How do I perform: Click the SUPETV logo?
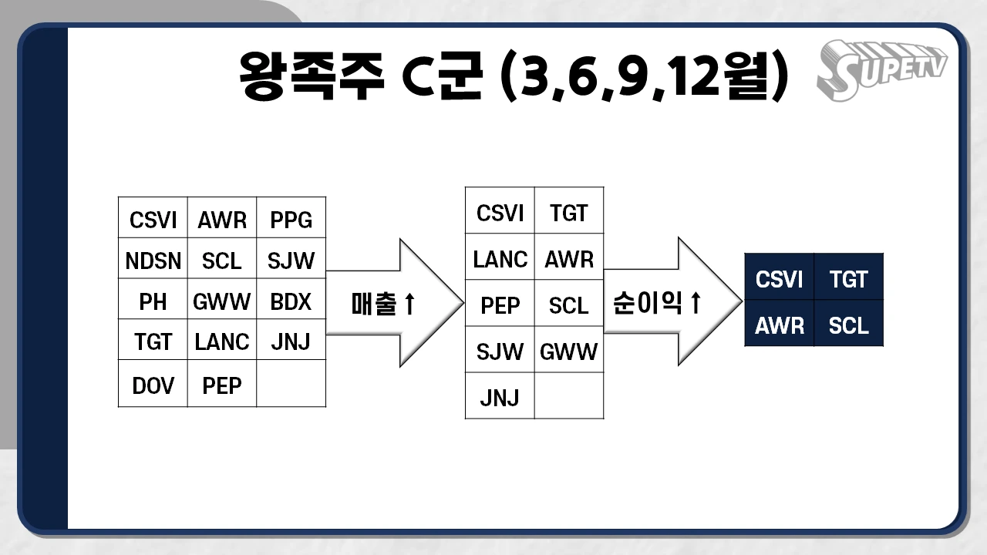point(881,70)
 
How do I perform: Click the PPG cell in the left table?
point(291,220)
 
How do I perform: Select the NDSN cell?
point(153,262)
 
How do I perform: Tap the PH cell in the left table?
point(153,302)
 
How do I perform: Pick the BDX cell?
point(291,302)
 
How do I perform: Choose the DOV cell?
point(153,385)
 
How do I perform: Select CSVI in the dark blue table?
point(779,279)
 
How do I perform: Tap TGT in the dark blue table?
point(848,279)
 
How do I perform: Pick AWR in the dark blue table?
point(779,325)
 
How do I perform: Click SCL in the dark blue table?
point(848,325)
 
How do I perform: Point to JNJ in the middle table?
point(500,398)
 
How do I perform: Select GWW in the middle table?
point(569,352)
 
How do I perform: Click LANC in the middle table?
point(500,260)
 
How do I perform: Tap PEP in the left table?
point(222,385)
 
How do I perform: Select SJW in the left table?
point(291,262)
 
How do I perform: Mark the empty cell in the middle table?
point(569,396)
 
